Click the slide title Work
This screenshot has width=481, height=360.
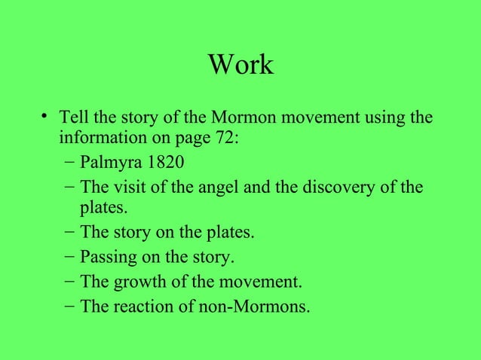point(240,66)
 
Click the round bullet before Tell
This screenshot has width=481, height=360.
point(47,117)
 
